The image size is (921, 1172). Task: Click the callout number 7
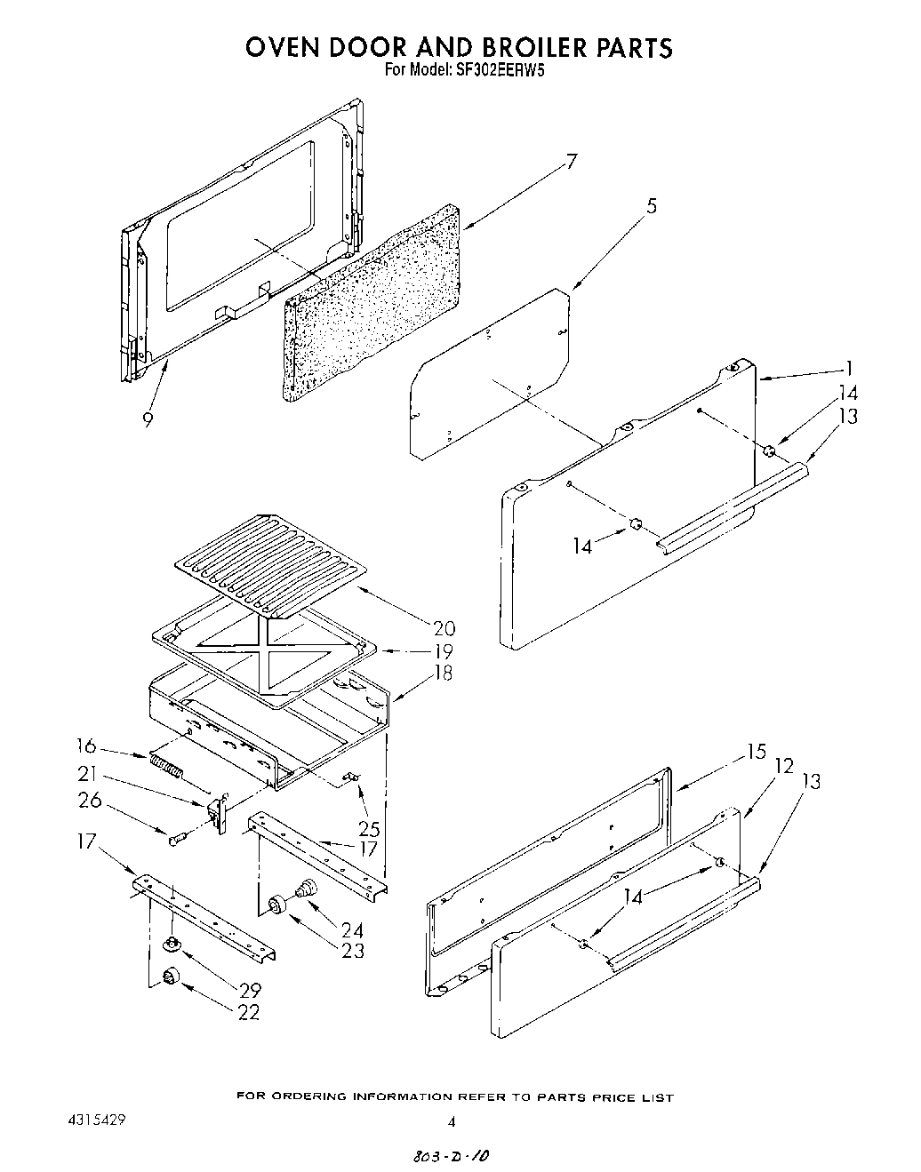coord(571,162)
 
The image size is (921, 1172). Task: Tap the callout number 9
coord(147,419)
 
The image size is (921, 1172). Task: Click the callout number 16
coord(87,746)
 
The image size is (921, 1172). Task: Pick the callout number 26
coord(90,801)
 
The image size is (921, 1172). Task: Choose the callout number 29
coord(249,989)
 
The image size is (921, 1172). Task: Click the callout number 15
coord(756,753)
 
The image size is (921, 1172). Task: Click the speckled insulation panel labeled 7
coord(373,302)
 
